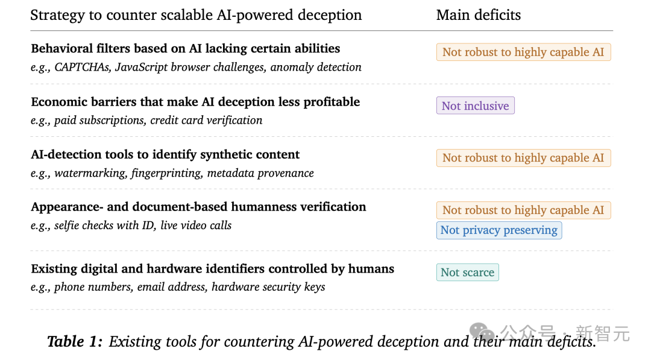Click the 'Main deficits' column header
click(x=478, y=15)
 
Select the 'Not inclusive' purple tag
click(x=476, y=106)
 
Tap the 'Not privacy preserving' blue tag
click(x=499, y=230)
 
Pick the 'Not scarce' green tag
click(x=468, y=273)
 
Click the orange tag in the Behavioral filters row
click(x=524, y=52)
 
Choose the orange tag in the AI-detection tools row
click(x=524, y=158)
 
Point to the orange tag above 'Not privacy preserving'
click(x=524, y=210)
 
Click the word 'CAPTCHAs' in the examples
click(x=83, y=68)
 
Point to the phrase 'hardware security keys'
click(x=268, y=287)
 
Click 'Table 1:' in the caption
click(x=75, y=342)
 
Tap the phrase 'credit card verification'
click(x=206, y=121)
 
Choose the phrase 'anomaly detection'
click(x=316, y=68)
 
